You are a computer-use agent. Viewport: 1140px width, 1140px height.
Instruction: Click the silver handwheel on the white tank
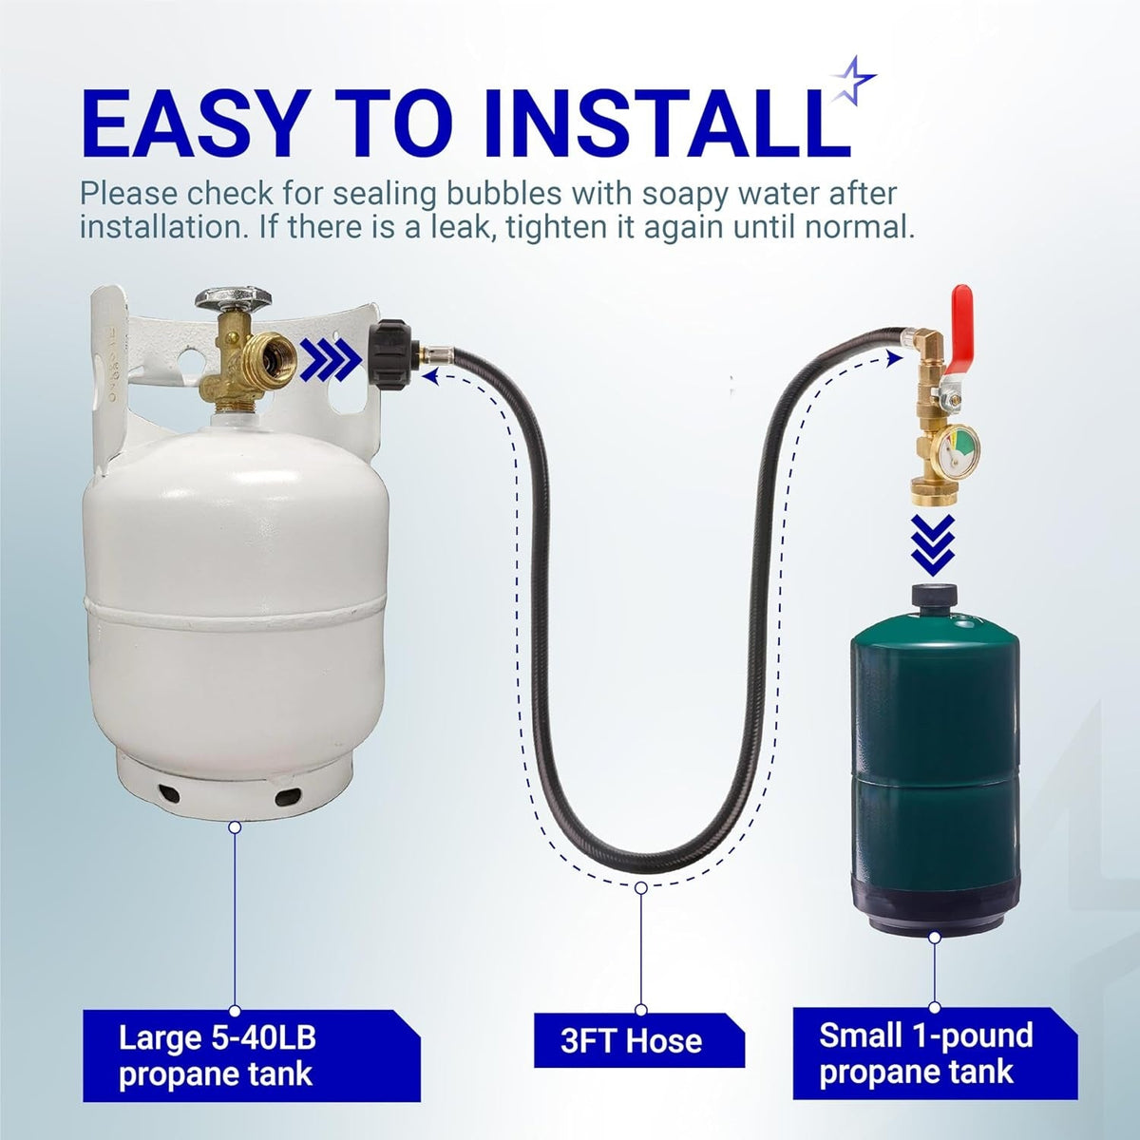click(x=233, y=297)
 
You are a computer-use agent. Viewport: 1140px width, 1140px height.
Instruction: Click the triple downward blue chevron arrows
click(x=933, y=545)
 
